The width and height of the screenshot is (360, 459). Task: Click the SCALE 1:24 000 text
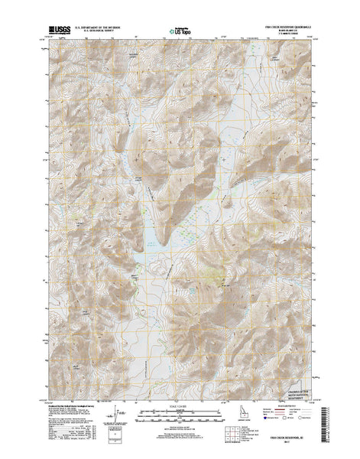click(179, 405)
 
